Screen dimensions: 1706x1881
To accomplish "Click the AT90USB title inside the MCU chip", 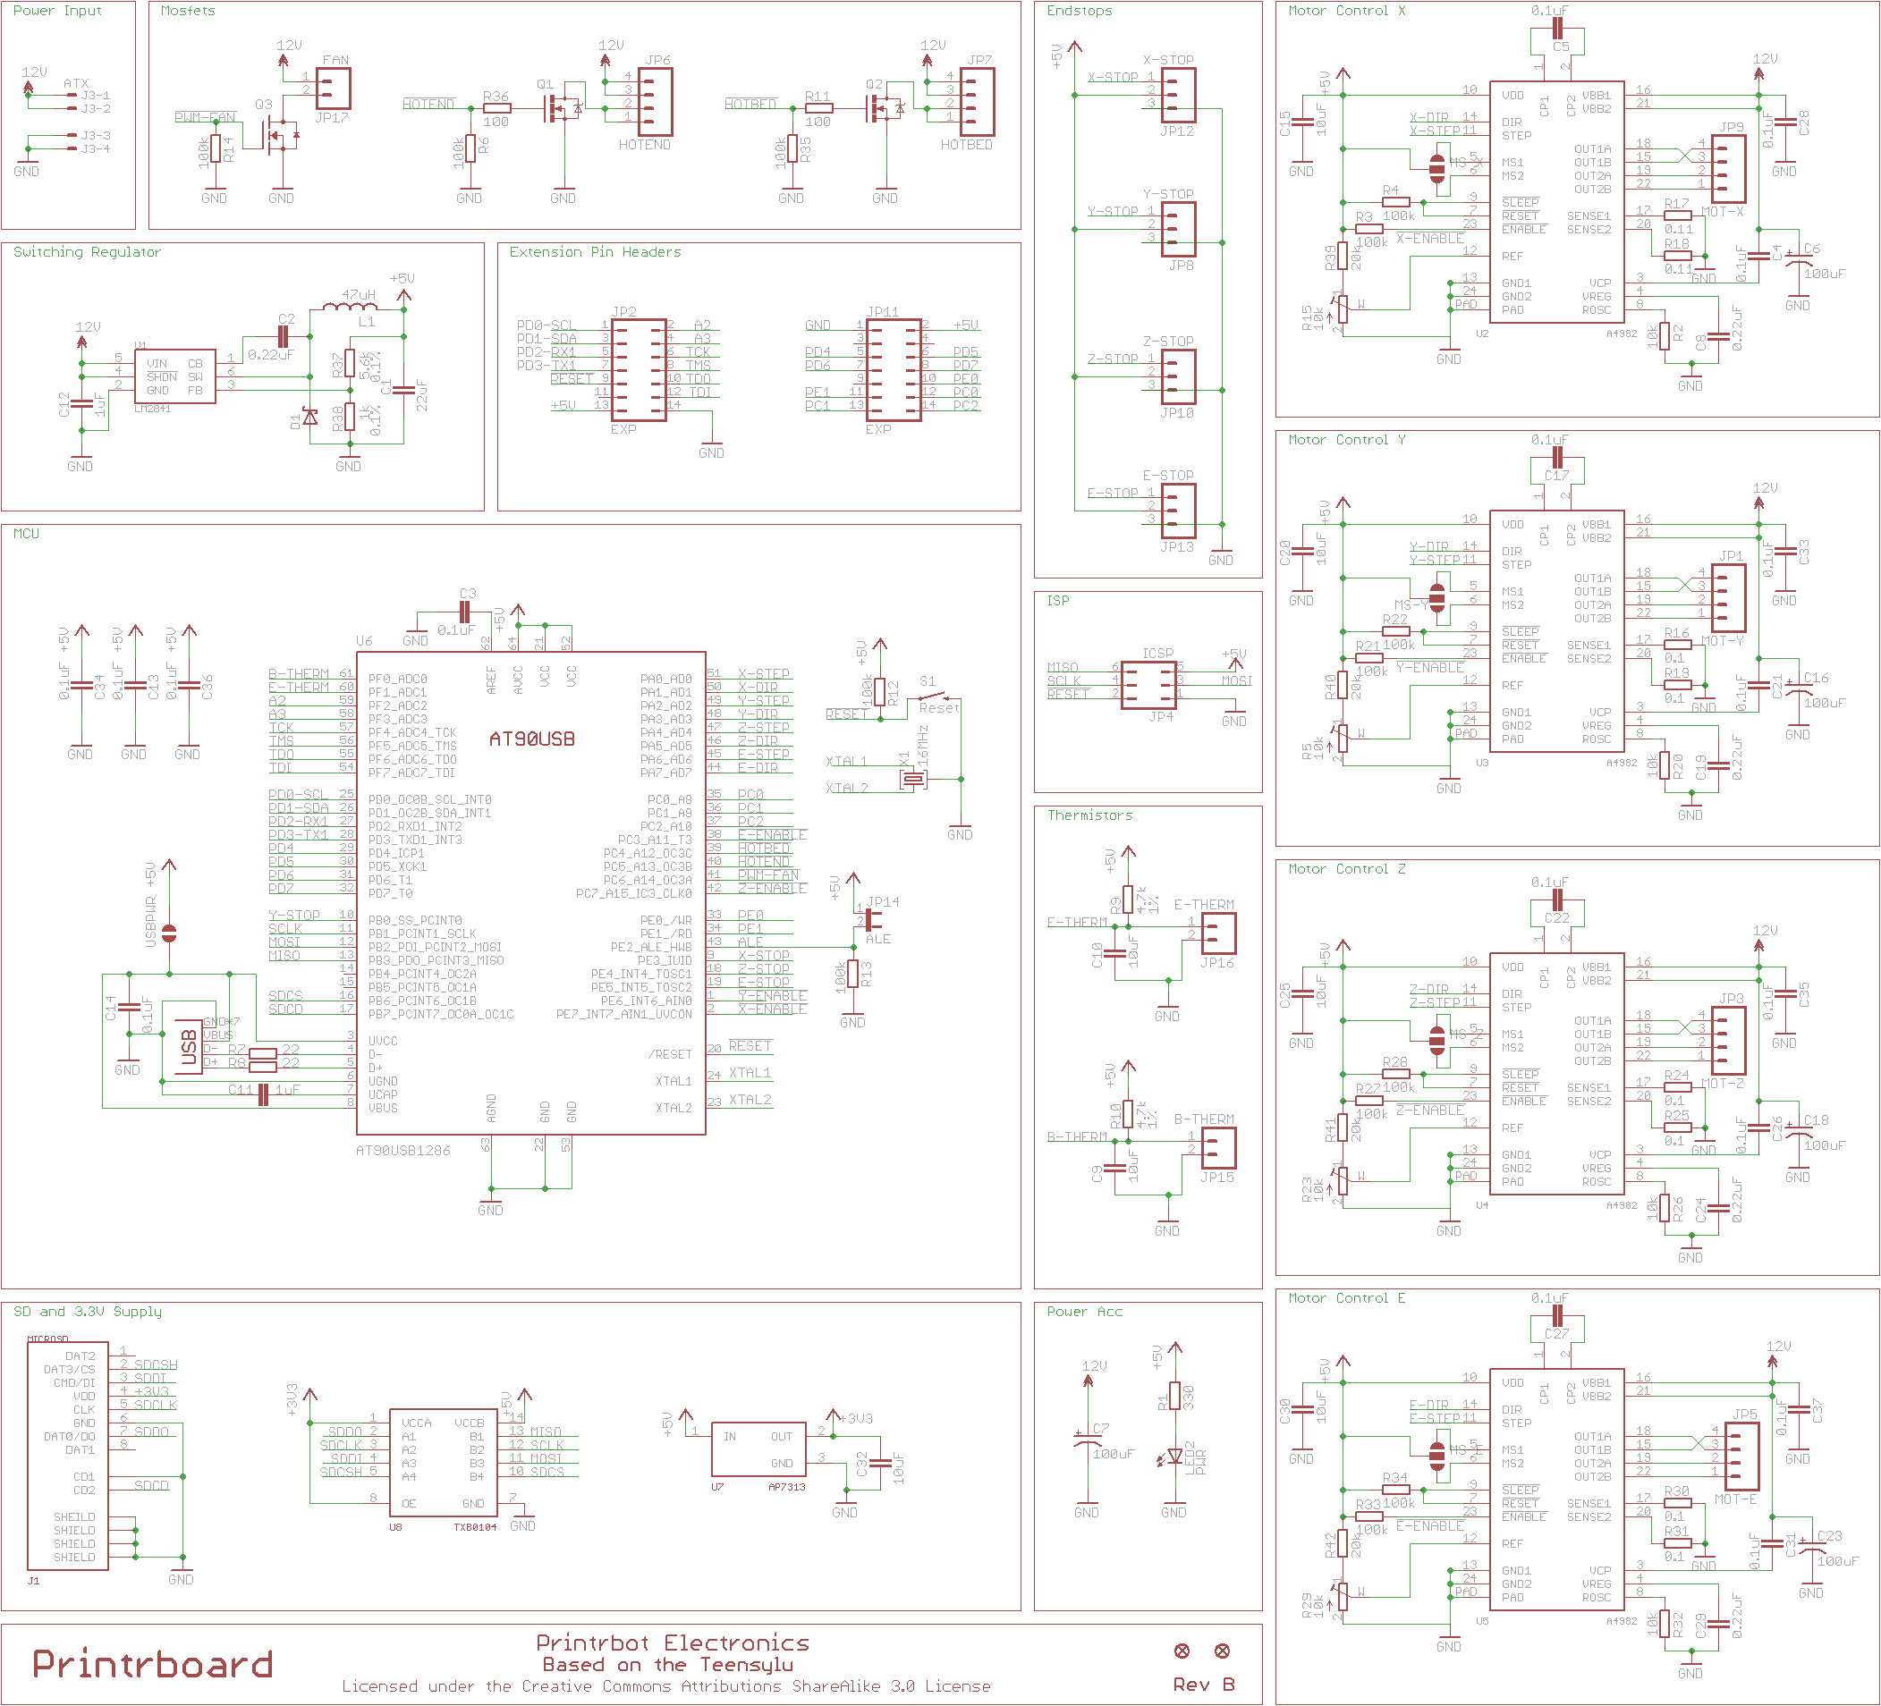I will click(532, 739).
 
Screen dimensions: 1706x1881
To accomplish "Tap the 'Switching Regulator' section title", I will click(87, 252).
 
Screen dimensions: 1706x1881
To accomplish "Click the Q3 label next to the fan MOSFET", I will click(264, 105).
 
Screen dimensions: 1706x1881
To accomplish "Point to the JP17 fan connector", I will click(333, 89).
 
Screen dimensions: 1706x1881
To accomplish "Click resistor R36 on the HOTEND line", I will click(496, 108).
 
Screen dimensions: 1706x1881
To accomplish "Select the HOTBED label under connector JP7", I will click(966, 145).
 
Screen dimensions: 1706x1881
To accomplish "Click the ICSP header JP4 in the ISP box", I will click(1148, 686).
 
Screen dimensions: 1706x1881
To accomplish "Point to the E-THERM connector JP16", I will click(1218, 933).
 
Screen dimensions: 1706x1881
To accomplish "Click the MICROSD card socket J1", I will click(68, 1456).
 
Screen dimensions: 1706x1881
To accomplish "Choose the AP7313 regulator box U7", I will click(758, 1448).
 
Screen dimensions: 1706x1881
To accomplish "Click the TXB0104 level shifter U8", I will click(442, 1462).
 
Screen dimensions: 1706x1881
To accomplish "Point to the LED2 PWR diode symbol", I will click(1174, 1456).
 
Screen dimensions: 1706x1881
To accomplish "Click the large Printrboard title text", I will click(152, 1665).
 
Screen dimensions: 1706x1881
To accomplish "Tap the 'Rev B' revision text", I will click(1203, 1685).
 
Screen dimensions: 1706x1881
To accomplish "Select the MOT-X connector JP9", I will click(1728, 170).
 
